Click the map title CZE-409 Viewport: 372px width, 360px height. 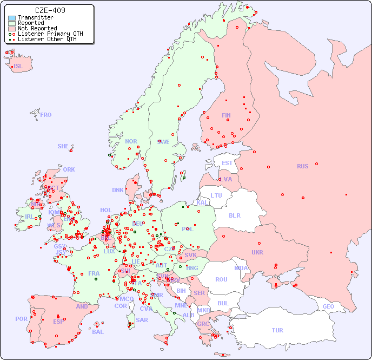[x=50, y=10]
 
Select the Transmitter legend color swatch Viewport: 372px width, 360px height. [x=12, y=18]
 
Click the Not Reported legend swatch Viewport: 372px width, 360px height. [x=12, y=29]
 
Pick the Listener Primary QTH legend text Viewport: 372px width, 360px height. [x=50, y=34]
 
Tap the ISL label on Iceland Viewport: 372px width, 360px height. [x=18, y=67]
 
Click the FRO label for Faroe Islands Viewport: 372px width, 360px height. [x=46, y=115]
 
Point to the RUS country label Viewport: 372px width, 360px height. [x=302, y=166]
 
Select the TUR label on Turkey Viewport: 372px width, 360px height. [x=277, y=330]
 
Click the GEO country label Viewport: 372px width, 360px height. [x=328, y=306]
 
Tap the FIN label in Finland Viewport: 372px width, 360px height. [x=226, y=115]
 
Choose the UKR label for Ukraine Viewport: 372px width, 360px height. [x=257, y=252]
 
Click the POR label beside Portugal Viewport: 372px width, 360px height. [x=21, y=319]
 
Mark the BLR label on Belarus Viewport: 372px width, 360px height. [x=234, y=215]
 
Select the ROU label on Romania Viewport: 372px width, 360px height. [x=221, y=279]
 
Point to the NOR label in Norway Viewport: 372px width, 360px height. [x=131, y=141]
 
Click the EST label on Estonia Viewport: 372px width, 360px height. [x=227, y=163]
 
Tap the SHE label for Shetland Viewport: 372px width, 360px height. [x=63, y=146]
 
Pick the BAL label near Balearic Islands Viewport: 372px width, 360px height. [x=97, y=332]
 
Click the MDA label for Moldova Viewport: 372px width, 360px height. [x=241, y=268]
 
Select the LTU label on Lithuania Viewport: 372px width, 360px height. [x=216, y=195]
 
